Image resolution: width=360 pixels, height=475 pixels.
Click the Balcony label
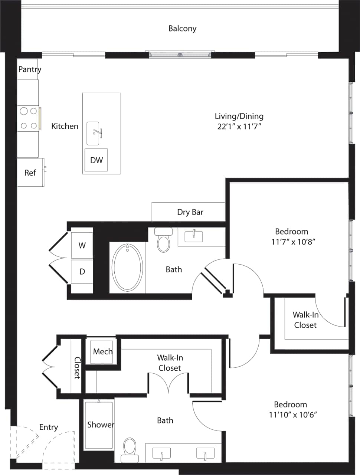182,29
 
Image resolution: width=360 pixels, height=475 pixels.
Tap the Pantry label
30,69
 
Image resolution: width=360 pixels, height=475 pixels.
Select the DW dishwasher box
96,160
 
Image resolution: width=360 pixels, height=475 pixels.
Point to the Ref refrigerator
30,173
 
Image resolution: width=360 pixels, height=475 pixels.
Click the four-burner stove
28,118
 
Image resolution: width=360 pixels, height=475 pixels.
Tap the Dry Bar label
190,212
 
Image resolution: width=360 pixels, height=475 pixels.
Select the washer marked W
82,245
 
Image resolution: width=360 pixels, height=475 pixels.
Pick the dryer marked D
82,272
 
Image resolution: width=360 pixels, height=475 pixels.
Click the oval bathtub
127,267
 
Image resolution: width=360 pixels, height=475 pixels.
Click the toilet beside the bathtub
164,240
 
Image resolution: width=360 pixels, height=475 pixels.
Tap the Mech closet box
102,351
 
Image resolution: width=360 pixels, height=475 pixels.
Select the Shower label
101,425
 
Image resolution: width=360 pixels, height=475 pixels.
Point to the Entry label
49,427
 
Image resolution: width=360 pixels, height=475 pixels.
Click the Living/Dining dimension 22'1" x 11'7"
239,127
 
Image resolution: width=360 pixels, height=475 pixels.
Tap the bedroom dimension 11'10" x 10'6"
293,415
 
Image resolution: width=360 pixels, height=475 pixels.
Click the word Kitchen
65,126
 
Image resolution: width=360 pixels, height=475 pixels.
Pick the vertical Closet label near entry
77,367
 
